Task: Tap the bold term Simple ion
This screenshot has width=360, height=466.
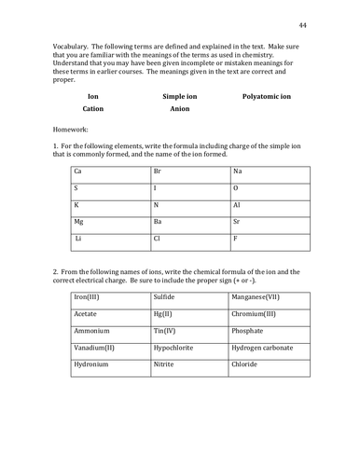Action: point(180,96)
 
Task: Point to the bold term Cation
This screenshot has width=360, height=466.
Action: point(92,109)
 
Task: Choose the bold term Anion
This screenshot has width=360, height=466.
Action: point(180,109)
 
